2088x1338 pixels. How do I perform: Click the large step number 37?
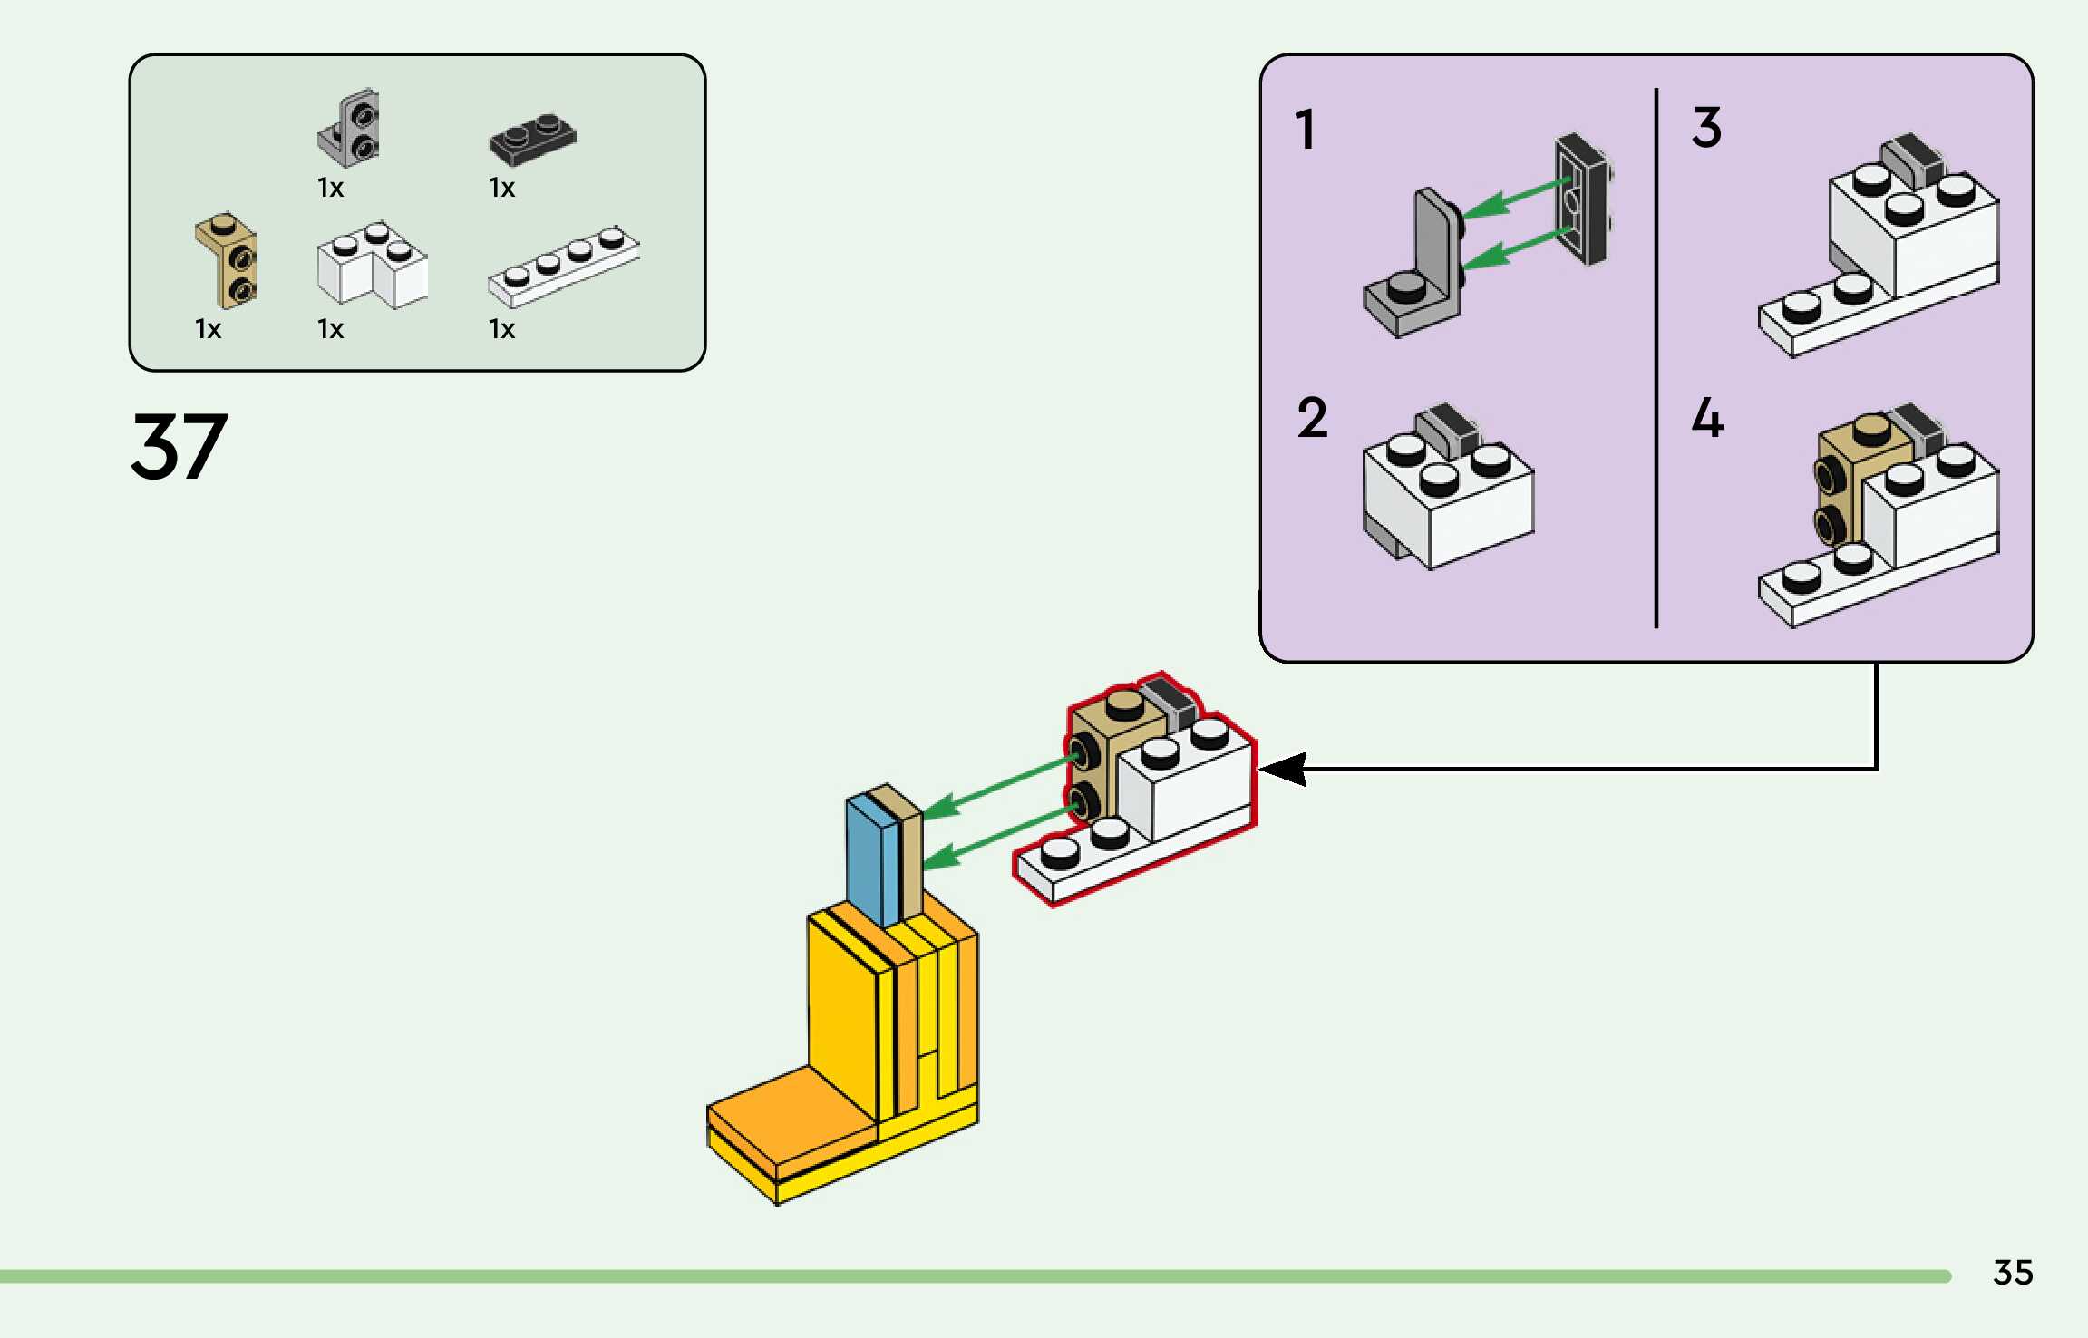(x=180, y=446)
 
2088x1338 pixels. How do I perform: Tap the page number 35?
(x=2013, y=1273)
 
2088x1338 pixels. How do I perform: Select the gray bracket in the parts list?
(x=350, y=128)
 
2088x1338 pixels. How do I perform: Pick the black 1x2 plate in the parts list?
(x=533, y=140)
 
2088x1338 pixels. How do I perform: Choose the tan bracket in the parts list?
(x=227, y=259)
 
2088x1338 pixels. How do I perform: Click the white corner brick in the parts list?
(x=372, y=265)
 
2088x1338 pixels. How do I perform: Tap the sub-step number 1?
(x=1306, y=130)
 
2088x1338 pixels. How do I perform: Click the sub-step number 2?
(x=1312, y=418)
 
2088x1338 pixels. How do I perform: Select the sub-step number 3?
(x=1706, y=128)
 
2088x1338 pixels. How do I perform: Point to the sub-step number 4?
(x=1707, y=418)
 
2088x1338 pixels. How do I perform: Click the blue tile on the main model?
(x=871, y=858)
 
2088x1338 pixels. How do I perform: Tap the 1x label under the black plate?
(x=501, y=188)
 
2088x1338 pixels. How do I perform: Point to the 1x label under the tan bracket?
(x=208, y=329)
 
